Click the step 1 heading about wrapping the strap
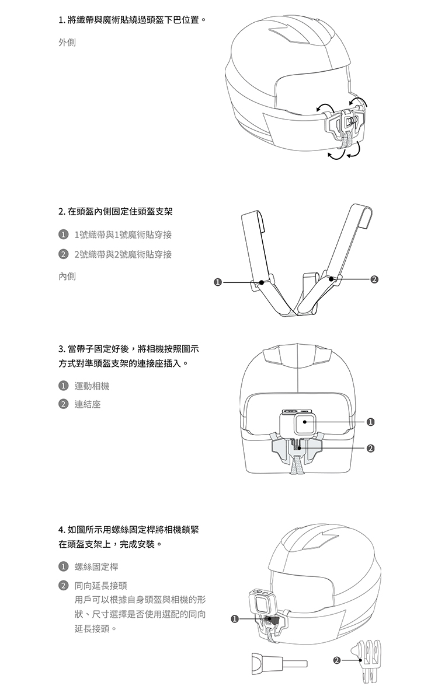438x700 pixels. [133, 22]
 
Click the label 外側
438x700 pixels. [67, 43]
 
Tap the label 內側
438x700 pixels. [67, 276]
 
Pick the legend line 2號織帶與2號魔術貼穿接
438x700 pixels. [123, 254]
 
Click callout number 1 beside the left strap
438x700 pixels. [217, 283]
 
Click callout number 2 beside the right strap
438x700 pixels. [374, 280]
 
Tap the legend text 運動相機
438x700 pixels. [92, 386]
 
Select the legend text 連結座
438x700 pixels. [88, 404]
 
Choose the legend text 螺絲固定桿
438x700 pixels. [96, 566]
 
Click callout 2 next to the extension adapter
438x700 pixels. [335, 660]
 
